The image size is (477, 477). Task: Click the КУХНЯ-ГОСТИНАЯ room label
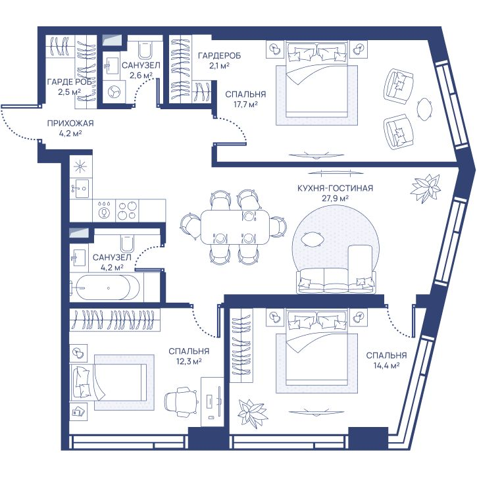click(335, 188)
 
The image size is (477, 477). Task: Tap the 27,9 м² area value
click(335, 199)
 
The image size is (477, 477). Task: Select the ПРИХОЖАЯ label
click(70, 123)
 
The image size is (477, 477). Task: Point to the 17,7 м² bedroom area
click(245, 105)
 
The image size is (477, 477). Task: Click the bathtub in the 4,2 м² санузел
click(105, 288)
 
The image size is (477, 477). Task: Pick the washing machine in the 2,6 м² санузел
click(114, 91)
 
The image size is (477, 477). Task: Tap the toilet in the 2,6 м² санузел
click(145, 49)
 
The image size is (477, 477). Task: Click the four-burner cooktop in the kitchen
click(128, 211)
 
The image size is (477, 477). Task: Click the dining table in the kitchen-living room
click(235, 226)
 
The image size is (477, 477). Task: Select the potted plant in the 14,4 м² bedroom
click(253, 412)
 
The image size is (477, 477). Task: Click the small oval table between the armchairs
click(424, 110)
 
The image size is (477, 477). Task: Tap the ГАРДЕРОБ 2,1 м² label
click(219, 61)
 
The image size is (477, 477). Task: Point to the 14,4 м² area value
click(386, 366)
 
